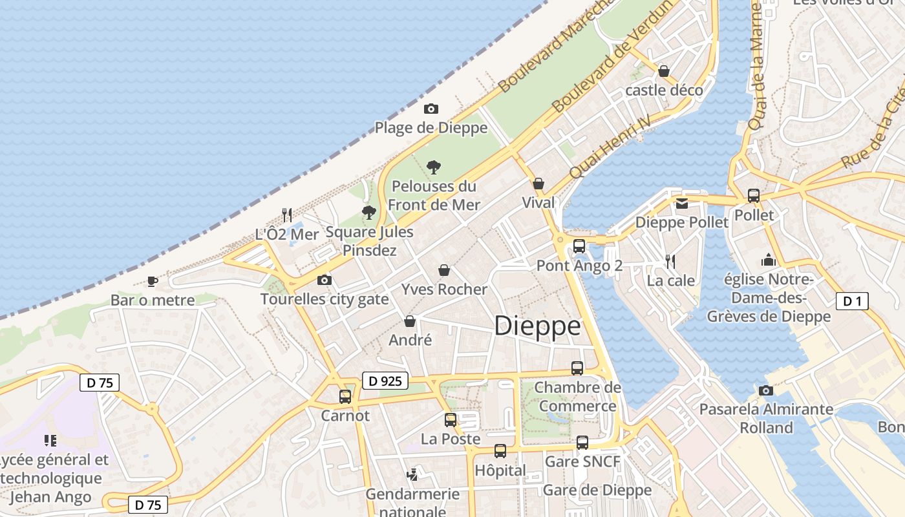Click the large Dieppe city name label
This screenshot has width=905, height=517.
(x=537, y=326)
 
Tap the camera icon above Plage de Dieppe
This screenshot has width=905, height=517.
(x=431, y=109)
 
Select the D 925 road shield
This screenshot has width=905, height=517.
(x=385, y=381)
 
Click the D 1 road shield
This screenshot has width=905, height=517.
(x=852, y=301)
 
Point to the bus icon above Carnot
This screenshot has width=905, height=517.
(x=345, y=396)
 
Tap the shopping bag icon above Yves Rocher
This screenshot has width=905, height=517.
(x=444, y=269)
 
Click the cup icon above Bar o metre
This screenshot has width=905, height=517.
(x=152, y=280)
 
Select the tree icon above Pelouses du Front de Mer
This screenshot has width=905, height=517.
(x=434, y=167)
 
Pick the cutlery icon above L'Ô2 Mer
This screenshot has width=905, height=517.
(x=287, y=215)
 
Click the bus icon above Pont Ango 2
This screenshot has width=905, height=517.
(x=579, y=246)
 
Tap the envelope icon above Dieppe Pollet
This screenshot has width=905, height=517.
(x=681, y=203)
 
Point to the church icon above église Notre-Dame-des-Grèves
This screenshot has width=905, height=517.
(x=769, y=260)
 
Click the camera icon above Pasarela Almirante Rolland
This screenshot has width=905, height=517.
(x=766, y=390)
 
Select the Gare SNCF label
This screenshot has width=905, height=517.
(x=582, y=462)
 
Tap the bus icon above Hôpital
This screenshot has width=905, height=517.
(x=500, y=451)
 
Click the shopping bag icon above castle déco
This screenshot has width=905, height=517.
(x=664, y=71)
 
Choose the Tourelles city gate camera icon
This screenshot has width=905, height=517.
(x=325, y=280)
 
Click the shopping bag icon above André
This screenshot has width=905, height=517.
(x=410, y=321)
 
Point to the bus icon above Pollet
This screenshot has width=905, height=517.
(x=754, y=195)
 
